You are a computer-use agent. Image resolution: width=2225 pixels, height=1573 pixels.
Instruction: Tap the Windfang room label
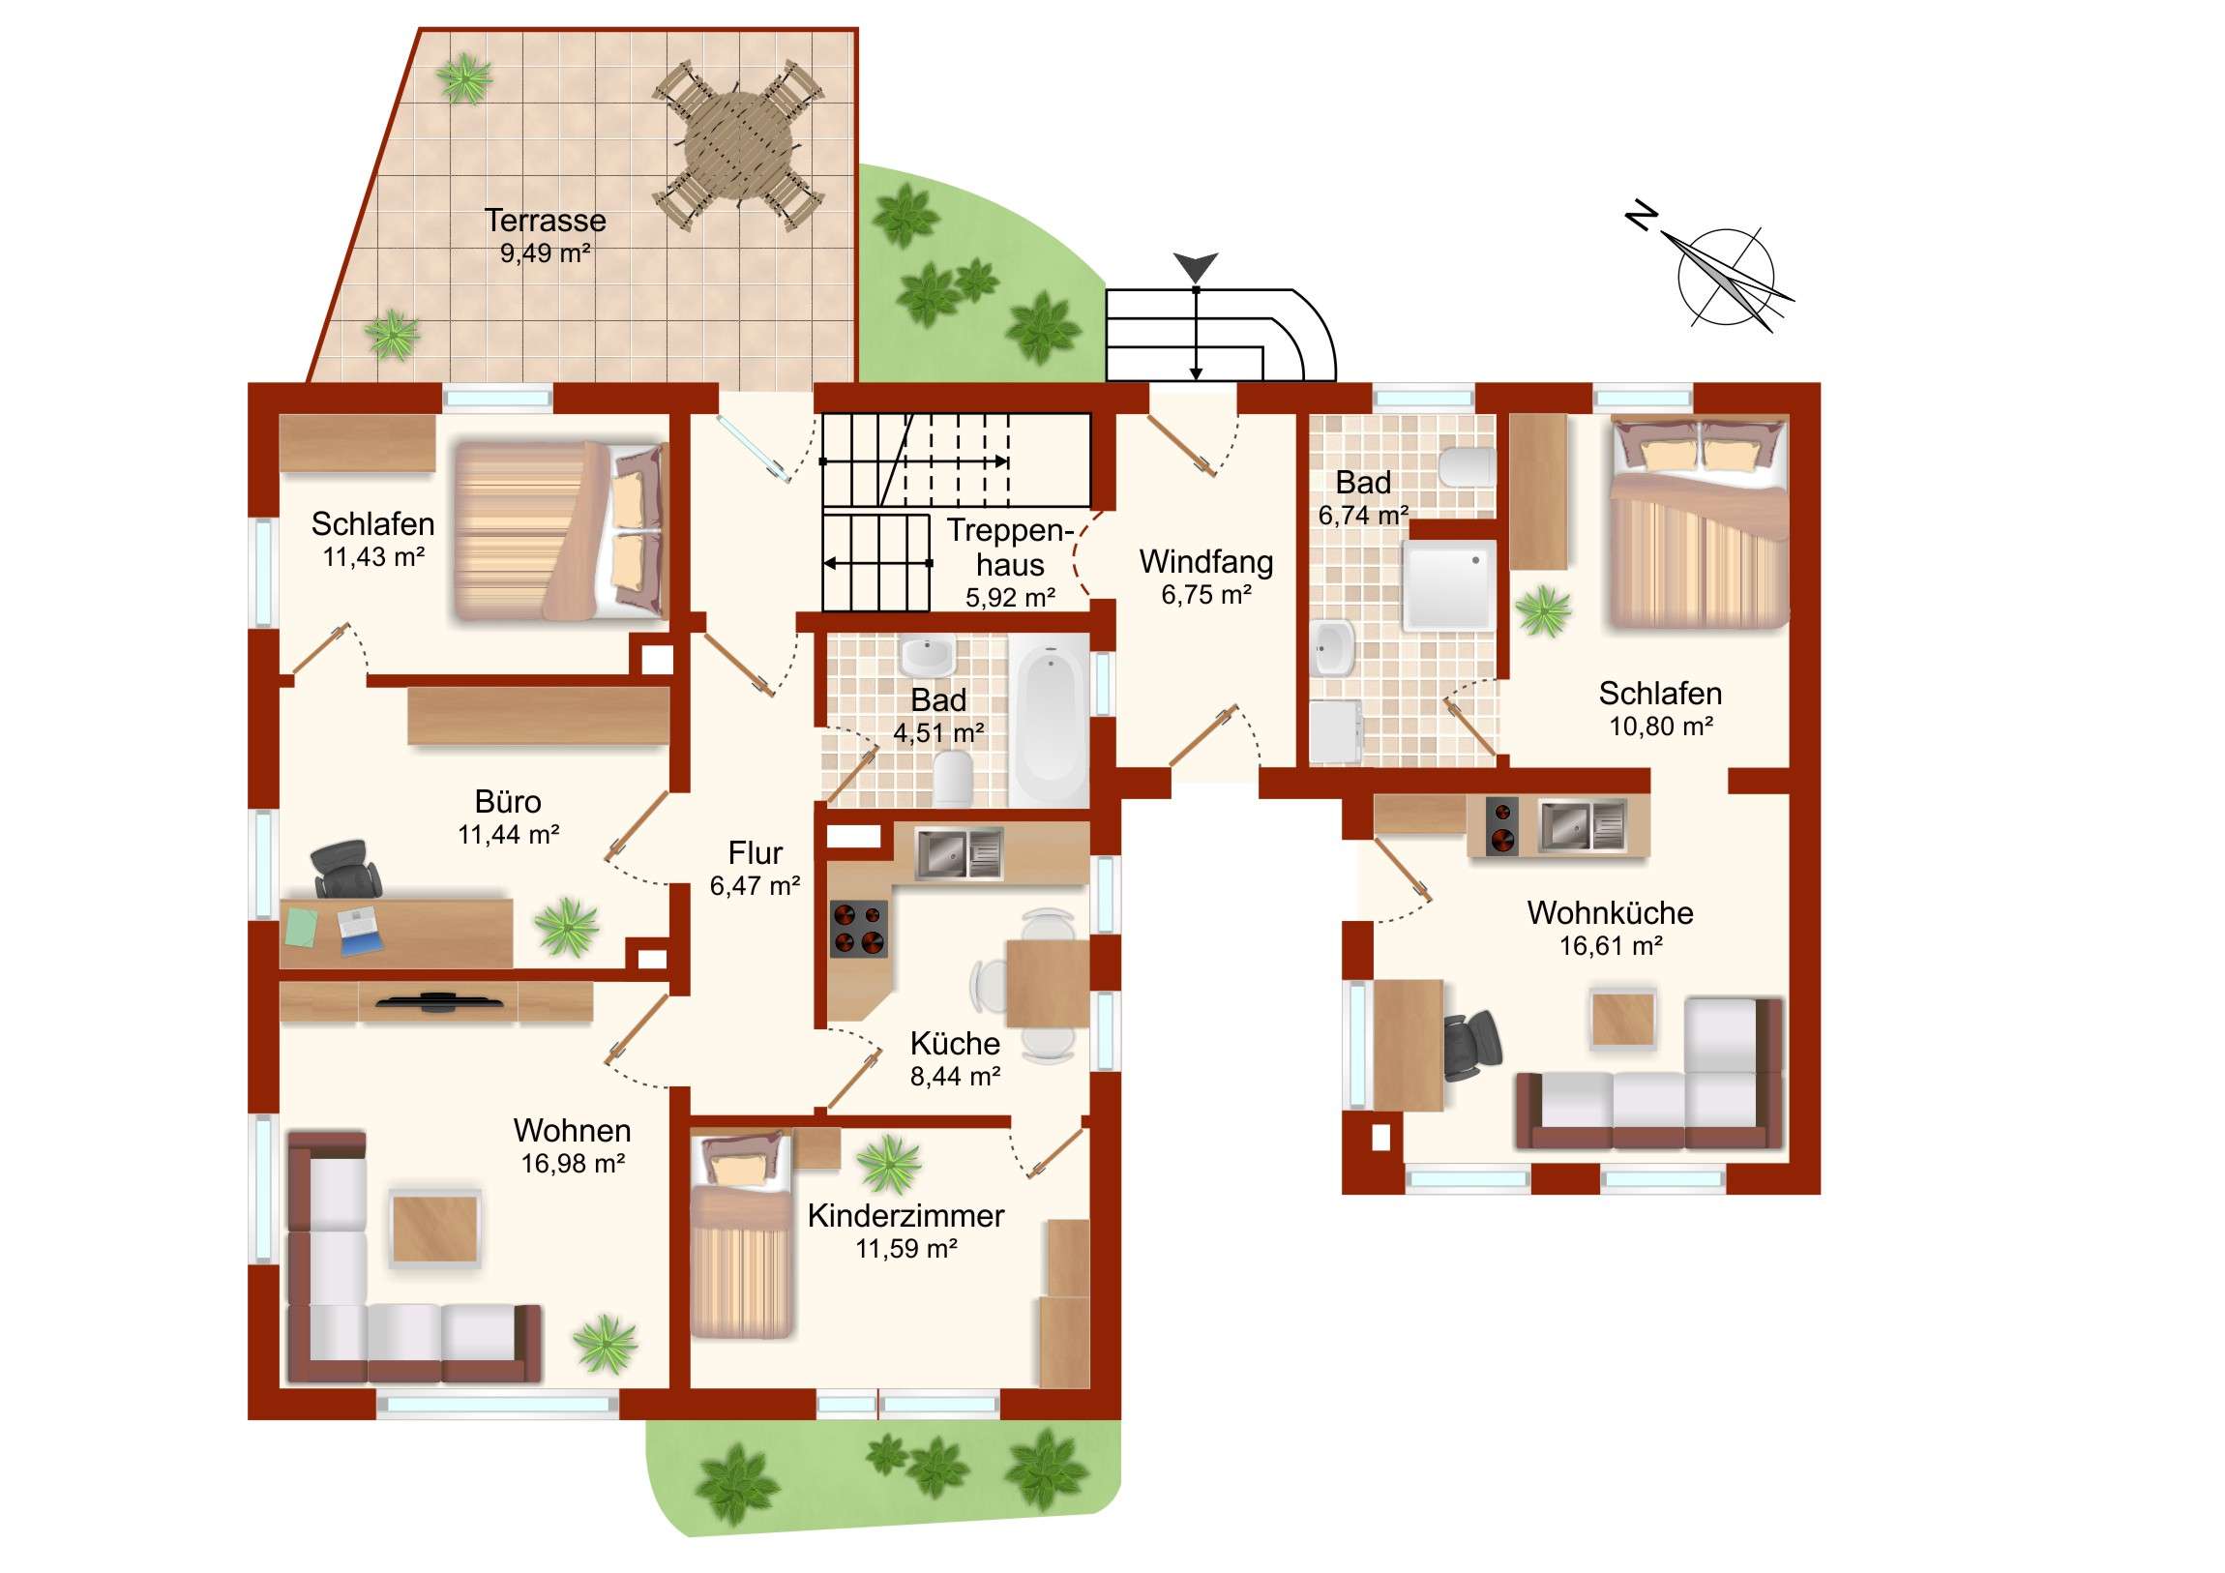[1205, 562]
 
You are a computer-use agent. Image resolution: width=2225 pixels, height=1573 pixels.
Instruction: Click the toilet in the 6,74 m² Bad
[1467, 467]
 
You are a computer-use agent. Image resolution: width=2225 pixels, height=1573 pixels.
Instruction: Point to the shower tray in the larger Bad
[1449, 585]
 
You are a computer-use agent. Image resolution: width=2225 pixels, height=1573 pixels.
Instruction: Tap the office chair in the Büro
[345, 870]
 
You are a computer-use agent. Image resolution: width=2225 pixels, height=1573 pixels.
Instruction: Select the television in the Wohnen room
[439, 1001]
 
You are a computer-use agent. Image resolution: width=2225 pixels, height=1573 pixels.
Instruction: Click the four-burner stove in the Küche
[859, 929]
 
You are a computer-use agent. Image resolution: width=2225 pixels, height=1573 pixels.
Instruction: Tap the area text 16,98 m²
[573, 1163]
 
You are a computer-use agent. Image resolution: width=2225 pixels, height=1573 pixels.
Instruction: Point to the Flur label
[755, 853]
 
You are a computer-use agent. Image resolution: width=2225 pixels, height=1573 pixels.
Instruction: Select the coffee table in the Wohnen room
[435, 1228]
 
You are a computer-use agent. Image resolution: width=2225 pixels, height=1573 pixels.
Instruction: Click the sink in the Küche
[960, 853]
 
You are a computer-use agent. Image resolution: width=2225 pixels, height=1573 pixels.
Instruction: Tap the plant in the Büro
[567, 927]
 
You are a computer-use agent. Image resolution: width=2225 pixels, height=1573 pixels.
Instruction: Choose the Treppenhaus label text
[1011, 548]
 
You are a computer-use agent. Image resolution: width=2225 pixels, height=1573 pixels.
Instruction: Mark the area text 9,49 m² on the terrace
[546, 252]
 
